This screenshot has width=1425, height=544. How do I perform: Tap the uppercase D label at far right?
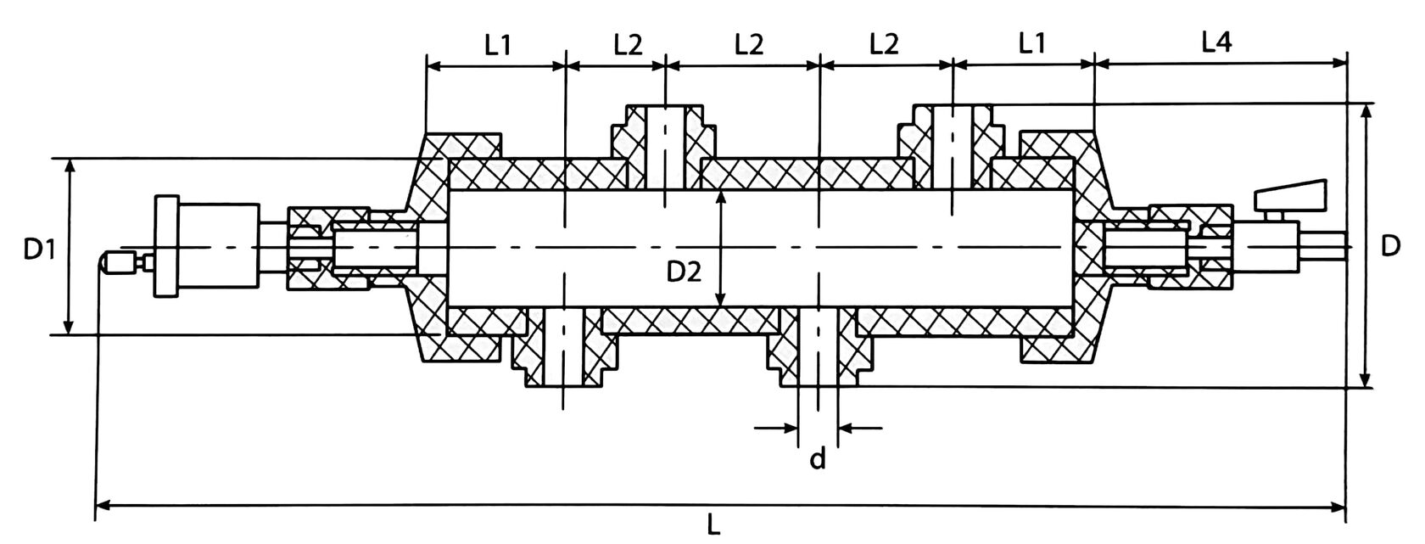[1389, 246]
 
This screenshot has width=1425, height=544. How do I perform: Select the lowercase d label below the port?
[818, 459]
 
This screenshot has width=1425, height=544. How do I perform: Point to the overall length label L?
[714, 526]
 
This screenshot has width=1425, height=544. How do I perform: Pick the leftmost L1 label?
[498, 44]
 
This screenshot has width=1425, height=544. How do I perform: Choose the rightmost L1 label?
[1031, 44]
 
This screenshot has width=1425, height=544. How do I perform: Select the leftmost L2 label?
[628, 44]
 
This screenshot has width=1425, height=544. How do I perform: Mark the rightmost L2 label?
[884, 44]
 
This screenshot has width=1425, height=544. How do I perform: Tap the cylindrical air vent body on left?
[219, 247]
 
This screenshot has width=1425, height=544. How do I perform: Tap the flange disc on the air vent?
[167, 247]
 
